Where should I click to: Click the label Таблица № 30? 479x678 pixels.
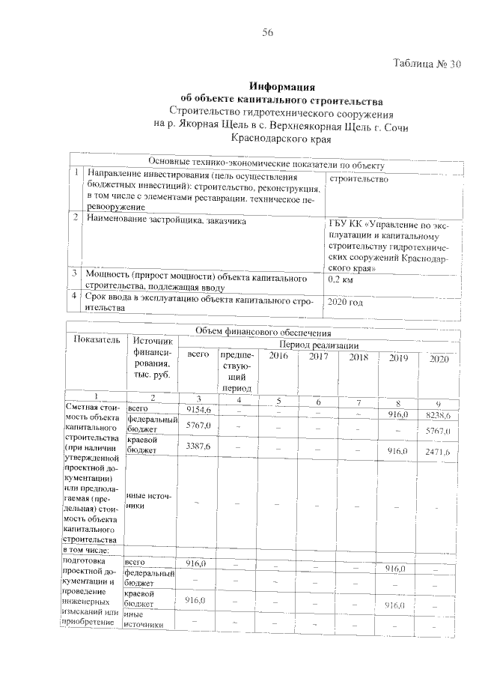point(427,64)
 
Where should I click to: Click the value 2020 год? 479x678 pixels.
point(346,302)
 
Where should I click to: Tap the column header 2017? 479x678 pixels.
point(318,357)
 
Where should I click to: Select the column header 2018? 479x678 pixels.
point(359,357)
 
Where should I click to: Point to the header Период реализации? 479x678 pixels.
point(319,345)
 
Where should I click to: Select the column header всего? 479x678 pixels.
point(198,353)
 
